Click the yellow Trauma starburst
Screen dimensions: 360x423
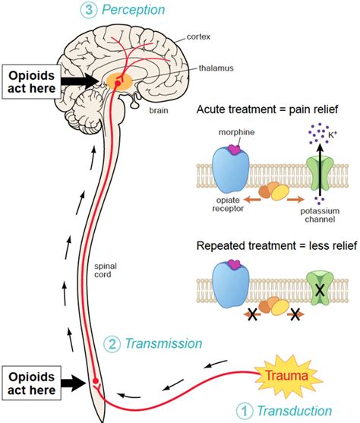289,376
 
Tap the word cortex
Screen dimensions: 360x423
198,36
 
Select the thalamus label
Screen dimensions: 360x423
216,68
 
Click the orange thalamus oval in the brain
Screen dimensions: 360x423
119,81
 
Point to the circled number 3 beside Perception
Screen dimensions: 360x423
89,10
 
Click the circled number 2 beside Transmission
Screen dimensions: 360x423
112,344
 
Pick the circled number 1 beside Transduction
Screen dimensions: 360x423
245,411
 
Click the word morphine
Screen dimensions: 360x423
236,132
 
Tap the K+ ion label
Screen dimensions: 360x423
333,134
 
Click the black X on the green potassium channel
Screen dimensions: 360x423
320,290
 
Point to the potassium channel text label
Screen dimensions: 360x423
320,215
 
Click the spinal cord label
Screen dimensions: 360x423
106,270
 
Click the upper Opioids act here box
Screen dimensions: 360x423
32,82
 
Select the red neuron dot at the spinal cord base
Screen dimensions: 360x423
95,380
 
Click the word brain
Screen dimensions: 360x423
159,111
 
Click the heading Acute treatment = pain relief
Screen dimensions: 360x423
267,109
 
